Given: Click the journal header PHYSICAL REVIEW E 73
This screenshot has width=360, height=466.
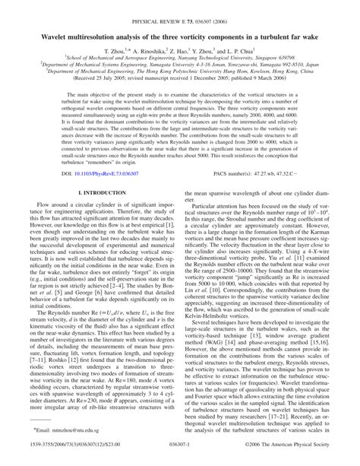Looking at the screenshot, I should (x=169, y=6).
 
